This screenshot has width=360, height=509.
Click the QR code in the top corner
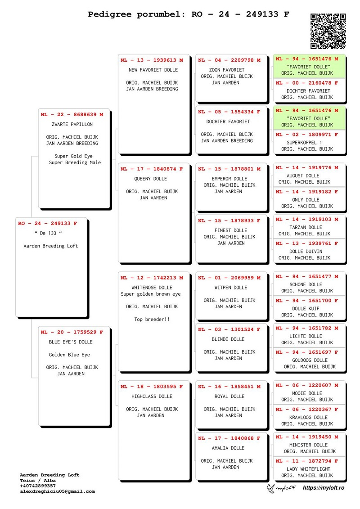(328, 31)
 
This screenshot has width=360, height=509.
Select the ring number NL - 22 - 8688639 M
(72, 115)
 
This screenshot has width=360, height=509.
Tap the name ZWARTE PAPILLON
(72, 124)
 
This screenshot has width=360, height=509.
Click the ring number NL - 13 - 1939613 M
(152, 60)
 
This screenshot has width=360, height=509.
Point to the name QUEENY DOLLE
(151, 179)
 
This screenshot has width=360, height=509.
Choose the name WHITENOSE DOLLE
(152, 288)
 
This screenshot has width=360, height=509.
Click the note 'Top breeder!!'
(152, 320)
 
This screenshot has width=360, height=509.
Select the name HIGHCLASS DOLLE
(152, 396)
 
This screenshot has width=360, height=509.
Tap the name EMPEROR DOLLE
(229, 179)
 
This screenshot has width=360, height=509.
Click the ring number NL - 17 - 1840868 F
(229, 438)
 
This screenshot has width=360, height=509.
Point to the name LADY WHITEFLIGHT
(308, 469)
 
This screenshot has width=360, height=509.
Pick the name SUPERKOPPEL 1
(304, 143)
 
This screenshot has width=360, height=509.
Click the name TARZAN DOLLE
(306, 228)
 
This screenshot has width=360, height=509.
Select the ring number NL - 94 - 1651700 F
(307, 301)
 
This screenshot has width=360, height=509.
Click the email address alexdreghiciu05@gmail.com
(58, 491)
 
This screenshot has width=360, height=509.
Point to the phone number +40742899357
(38, 486)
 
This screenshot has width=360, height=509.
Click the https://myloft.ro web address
(324, 487)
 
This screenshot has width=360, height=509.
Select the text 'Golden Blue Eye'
(69, 355)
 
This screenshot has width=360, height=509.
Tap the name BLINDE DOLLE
(228, 339)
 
